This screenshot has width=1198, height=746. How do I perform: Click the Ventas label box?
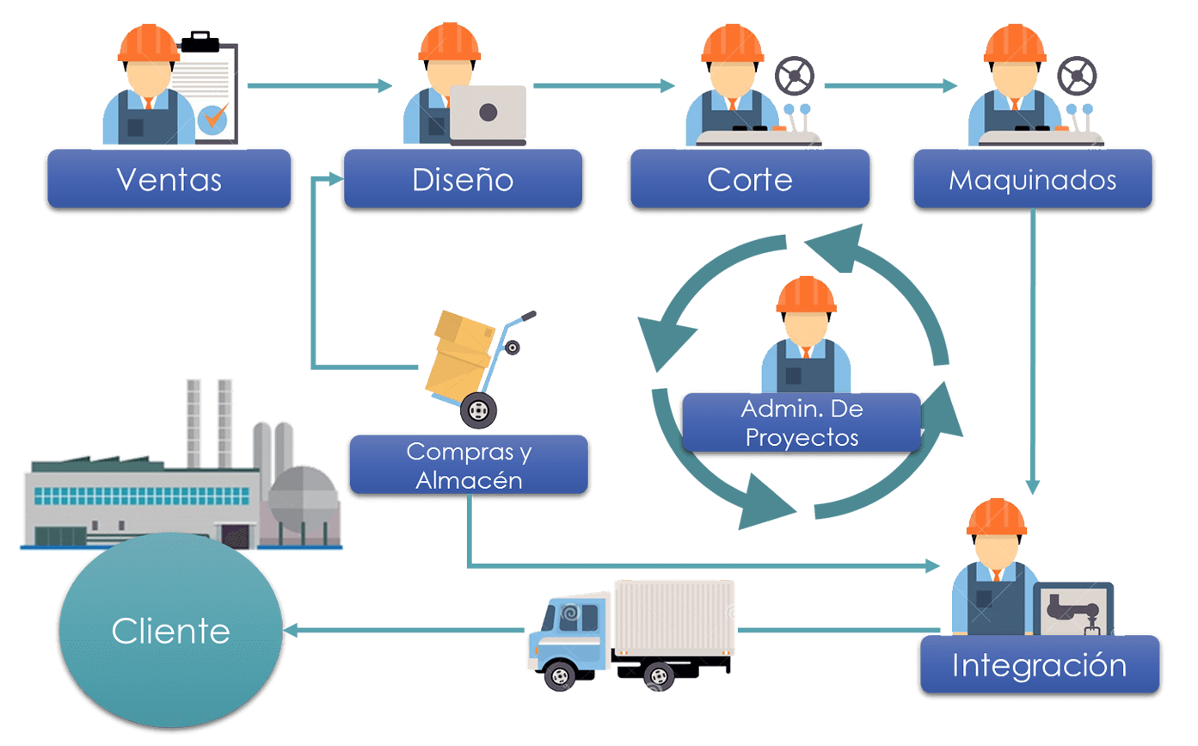coord(169,179)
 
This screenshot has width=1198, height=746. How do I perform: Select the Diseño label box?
coord(463,179)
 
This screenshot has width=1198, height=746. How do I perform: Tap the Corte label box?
coord(749,179)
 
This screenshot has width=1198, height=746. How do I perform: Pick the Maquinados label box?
coord(1032,179)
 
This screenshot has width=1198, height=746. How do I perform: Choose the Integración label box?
coord(1039,665)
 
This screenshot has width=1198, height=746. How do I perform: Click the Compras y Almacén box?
coord(469,465)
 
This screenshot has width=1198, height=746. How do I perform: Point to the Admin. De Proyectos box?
coord(802,422)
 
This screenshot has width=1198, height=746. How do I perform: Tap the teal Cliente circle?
coord(170,631)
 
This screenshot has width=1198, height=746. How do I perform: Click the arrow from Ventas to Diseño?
coord(318,86)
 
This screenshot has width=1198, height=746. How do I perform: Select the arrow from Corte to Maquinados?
coord(890,86)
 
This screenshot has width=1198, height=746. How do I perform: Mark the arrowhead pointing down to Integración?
coord(1033,486)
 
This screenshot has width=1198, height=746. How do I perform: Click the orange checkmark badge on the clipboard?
coord(213,118)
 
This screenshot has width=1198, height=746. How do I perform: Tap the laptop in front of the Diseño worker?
coord(488,114)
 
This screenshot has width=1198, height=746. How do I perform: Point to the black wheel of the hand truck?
coord(478,410)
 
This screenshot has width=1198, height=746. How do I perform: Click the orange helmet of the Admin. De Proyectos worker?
coord(806,294)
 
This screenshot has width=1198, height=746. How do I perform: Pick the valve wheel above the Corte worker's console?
coord(794,76)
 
